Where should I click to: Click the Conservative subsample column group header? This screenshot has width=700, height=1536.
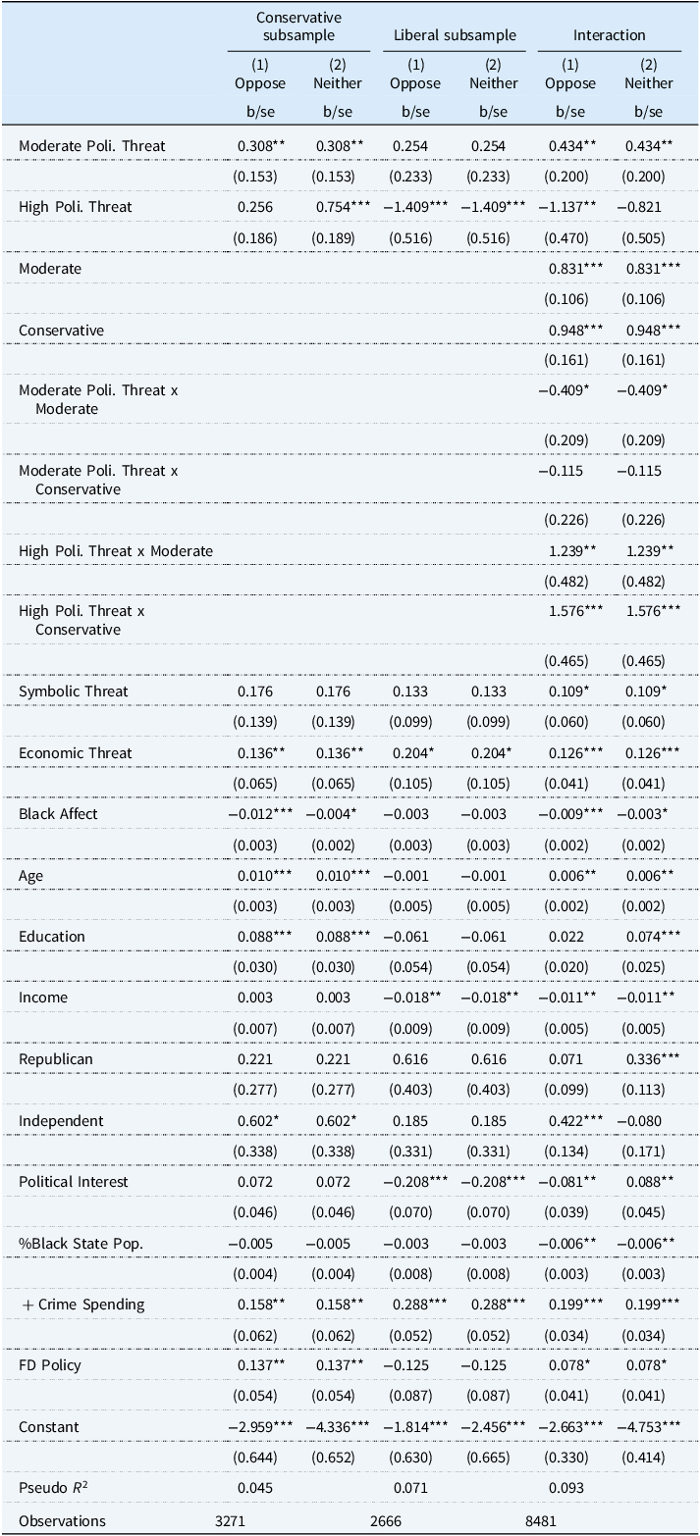tap(298, 26)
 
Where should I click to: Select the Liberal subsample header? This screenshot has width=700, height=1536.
tap(455, 35)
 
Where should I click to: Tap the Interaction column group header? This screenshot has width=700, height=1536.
tap(610, 35)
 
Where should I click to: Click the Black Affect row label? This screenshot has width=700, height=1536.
tap(58, 813)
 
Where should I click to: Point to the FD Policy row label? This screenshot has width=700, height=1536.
tap(49, 1364)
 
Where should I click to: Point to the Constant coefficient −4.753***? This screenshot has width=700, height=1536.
tap(649, 1426)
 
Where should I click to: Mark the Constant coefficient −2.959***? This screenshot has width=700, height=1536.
tap(260, 1426)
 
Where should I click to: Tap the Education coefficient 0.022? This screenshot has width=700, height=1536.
tap(570, 936)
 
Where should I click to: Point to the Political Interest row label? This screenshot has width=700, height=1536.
tap(74, 1181)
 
